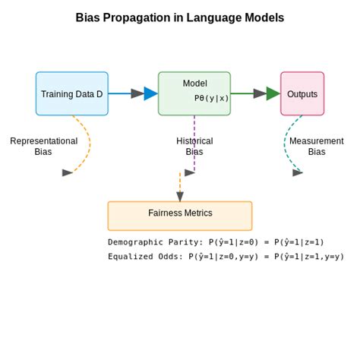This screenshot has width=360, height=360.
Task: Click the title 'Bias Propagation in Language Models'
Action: pos(180,17)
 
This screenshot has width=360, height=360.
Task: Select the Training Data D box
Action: pos(71,93)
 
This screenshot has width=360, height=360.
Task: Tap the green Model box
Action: pos(194,93)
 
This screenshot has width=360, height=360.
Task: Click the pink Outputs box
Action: pos(302,93)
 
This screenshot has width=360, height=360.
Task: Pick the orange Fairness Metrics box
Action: pos(180,215)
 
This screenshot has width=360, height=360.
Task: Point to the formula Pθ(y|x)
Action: pos(211,98)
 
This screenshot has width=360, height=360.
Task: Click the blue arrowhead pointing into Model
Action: pos(150,93)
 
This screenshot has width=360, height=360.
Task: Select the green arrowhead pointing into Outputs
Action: pos(273,93)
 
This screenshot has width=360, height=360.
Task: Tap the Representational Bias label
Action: pos(43,146)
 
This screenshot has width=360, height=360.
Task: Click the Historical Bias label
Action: pos(194,146)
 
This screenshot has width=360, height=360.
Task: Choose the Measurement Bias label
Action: pos(317,146)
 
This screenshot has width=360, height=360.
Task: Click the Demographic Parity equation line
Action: pos(216,242)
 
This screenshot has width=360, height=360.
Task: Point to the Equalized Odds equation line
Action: pos(226,257)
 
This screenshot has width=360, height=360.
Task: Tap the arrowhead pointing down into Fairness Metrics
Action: pos(180,197)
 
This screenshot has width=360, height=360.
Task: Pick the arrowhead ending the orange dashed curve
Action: pos(68,172)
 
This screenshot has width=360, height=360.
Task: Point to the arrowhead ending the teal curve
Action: pos(298,172)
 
